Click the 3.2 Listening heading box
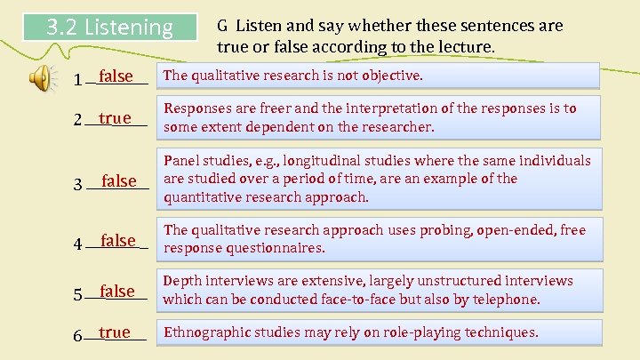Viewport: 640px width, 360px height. pyautogui.click(x=109, y=28)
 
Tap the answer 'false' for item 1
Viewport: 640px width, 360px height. pyautogui.click(x=116, y=76)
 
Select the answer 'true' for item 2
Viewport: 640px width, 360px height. pyautogui.click(x=116, y=118)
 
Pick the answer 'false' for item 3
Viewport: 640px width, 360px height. pyautogui.click(x=119, y=181)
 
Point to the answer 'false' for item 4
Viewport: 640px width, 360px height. pyautogui.click(x=118, y=240)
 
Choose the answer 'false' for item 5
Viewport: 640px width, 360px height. pyautogui.click(x=117, y=291)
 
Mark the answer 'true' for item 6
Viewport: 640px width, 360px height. pyautogui.click(x=115, y=332)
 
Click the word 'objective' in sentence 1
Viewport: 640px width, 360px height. pyautogui.click(x=390, y=76)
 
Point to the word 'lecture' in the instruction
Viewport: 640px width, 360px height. pyautogui.click(x=468, y=44)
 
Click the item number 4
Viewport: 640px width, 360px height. pyautogui.click(x=78, y=243)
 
